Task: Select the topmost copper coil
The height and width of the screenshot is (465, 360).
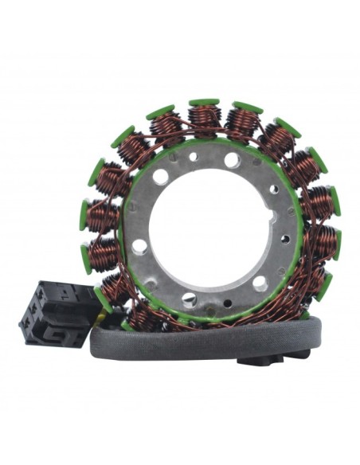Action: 205,118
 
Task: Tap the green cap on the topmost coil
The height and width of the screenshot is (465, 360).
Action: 205,103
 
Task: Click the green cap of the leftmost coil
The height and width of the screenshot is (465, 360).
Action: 84,215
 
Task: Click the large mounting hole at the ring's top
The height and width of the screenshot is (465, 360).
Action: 232,159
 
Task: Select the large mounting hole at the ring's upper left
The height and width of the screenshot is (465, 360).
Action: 161,177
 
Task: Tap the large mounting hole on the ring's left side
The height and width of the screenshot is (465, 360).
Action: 139,246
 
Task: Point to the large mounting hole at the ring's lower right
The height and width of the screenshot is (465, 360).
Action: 260,283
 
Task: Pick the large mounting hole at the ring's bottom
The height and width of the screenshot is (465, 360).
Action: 189,299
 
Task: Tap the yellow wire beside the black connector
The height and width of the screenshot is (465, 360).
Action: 100,315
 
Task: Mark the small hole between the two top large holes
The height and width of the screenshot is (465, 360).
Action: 194,157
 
